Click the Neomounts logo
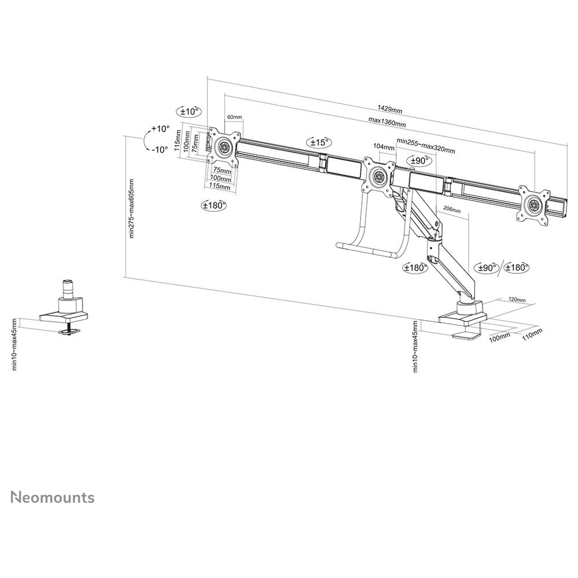pyautogui.click(x=53, y=497)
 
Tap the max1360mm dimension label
pyautogui.click(x=387, y=122)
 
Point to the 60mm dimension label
pyautogui.click(x=235, y=117)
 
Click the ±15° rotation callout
pyautogui.click(x=320, y=142)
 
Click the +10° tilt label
pyautogui.click(x=160, y=129)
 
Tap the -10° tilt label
pyautogui.click(x=160, y=150)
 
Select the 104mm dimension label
pyautogui.click(x=384, y=146)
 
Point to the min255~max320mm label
pyautogui.click(x=426, y=146)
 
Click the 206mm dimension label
pyautogui.click(x=451, y=209)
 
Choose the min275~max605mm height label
pyautogui.click(x=132, y=208)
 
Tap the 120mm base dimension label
pyautogui.click(x=517, y=299)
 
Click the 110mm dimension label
pyautogui.click(x=532, y=334)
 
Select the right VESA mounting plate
pyautogui.click(x=533, y=205)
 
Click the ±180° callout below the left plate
pyautogui.click(x=214, y=205)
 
